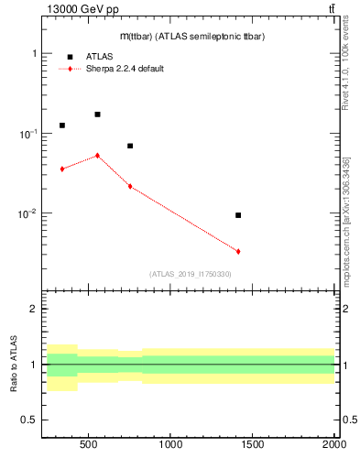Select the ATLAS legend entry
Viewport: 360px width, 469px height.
coord(99,56)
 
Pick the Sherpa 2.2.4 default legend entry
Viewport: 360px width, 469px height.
coord(125,69)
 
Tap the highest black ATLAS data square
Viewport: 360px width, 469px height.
coord(97,115)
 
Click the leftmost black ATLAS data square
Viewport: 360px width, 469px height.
coord(62,125)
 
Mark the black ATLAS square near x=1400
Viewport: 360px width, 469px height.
coord(238,215)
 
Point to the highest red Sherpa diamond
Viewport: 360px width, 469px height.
coord(97,156)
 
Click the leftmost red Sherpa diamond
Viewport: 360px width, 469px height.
coord(62,169)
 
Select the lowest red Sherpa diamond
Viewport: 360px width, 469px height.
coord(238,251)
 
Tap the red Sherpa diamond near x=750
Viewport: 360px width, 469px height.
coord(130,186)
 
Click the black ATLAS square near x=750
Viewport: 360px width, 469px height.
coord(130,146)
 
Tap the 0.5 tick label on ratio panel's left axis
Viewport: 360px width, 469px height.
coord(30,420)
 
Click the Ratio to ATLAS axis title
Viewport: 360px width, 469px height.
coord(13,365)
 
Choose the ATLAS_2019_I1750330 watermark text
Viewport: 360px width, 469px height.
coord(190,274)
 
